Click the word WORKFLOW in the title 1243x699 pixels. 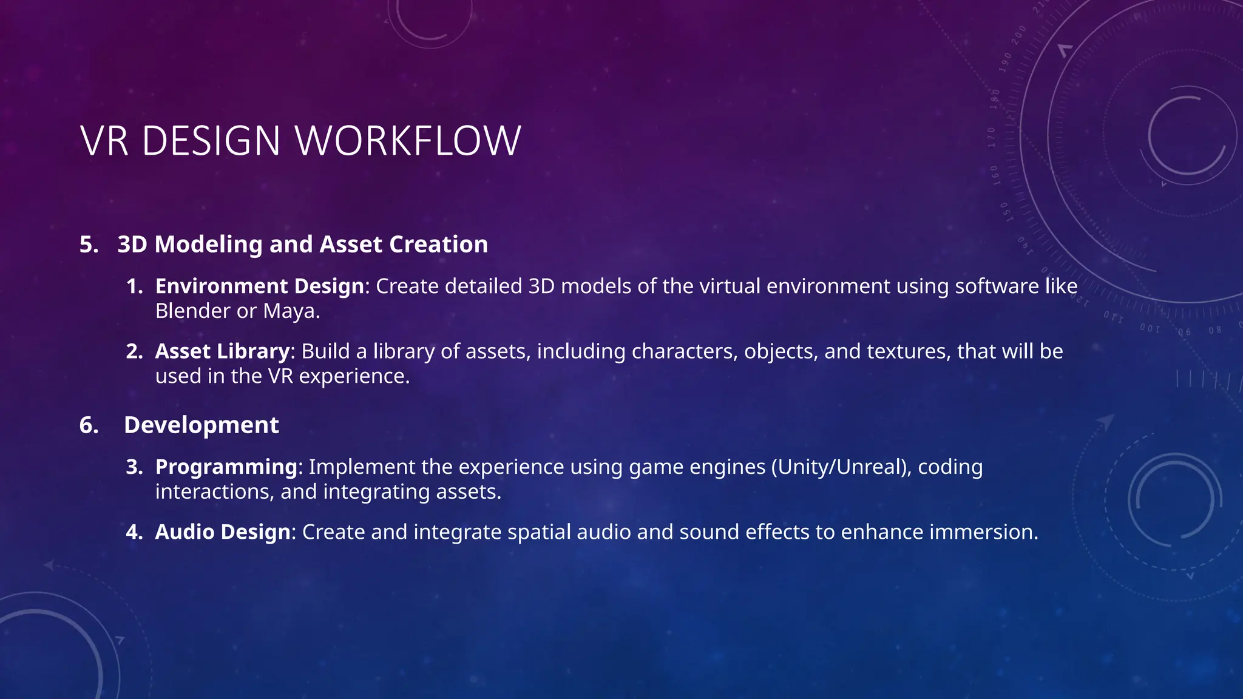408,141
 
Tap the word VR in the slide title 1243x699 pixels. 104,141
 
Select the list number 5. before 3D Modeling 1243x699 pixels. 89,245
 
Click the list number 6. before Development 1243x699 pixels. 89,425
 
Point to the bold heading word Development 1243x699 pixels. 201,425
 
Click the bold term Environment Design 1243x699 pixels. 259,286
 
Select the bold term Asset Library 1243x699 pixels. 222,351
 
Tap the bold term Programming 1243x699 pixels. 226,467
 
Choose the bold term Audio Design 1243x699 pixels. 223,532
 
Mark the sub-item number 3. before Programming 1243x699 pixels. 134,467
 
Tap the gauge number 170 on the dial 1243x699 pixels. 992,138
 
